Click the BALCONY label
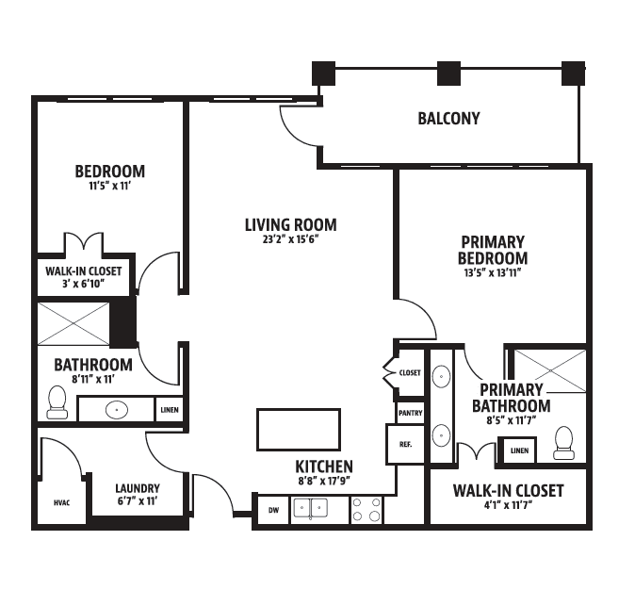[448, 119]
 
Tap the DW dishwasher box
[274, 510]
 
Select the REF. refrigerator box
[405, 445]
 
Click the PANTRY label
[410, 413]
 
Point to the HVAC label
[61, 502]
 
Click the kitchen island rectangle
[299, 430]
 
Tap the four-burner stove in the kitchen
[366, 510]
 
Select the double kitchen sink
[311, 508]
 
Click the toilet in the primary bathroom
[564, 443]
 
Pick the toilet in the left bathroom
[57, 402]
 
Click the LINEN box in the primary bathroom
[519, 450]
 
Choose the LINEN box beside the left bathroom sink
[170, 410]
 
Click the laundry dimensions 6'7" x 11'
[138, 501]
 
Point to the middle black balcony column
[448, 74]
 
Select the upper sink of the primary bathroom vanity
[441, 376]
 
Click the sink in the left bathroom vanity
[117, 410]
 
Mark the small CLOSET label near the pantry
[410, 372]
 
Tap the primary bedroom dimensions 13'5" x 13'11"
[493, 272]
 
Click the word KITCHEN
[324, 467]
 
